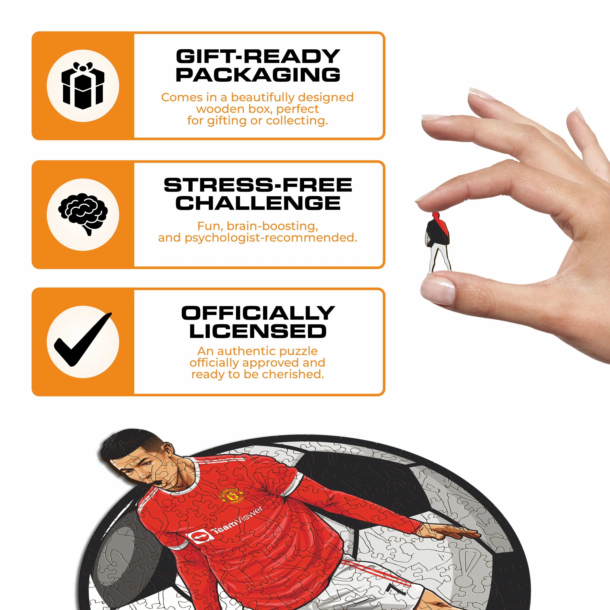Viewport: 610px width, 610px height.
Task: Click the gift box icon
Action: tap(83, 86)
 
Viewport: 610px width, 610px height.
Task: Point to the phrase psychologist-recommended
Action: tap(271, 238)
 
